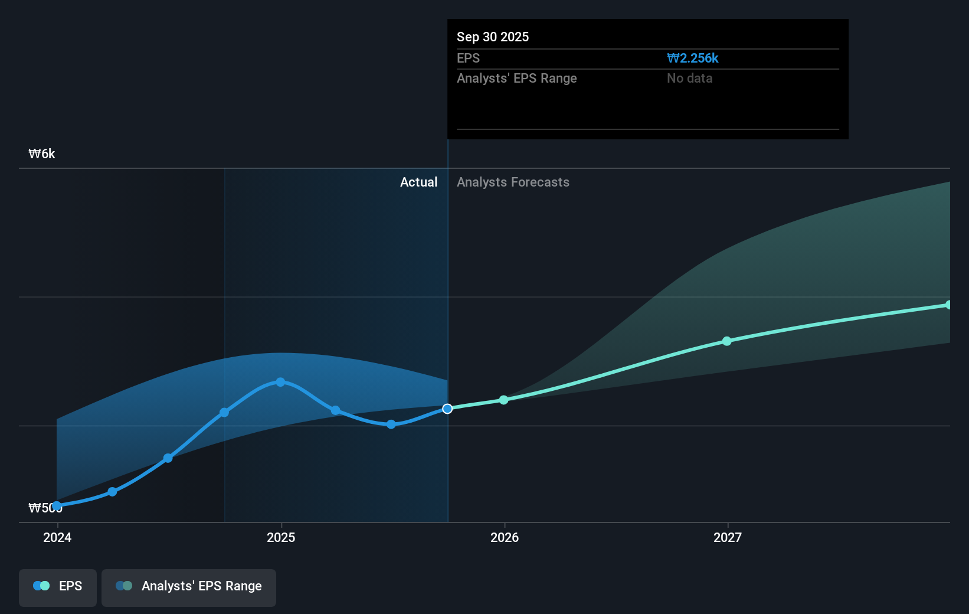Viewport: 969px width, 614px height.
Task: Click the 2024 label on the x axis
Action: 57,537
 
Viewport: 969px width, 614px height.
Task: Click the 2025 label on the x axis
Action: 281,537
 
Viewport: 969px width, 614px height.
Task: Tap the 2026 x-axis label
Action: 505,537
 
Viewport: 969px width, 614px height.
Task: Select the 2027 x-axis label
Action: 728,537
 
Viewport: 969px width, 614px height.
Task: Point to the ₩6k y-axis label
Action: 42,154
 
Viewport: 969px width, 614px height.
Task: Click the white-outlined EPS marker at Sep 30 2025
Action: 447,409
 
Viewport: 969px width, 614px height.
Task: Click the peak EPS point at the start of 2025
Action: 280,382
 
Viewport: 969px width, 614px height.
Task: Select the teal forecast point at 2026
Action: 503,400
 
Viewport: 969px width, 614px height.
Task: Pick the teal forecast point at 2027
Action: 727,341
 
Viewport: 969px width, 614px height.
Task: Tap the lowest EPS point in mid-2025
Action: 391,424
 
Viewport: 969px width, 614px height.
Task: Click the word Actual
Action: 418,182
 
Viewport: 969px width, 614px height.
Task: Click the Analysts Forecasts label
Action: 513,182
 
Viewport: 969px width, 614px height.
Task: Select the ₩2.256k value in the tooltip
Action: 692,58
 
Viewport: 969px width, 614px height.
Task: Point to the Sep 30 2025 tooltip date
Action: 493,37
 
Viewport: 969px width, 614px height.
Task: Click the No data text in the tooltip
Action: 689,79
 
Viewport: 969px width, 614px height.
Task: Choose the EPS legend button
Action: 58,586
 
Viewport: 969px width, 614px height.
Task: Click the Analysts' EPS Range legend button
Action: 189,586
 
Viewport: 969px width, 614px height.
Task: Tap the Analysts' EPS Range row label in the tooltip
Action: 516,79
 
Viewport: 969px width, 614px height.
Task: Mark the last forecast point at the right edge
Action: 948,305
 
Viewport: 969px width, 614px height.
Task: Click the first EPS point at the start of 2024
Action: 57,506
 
